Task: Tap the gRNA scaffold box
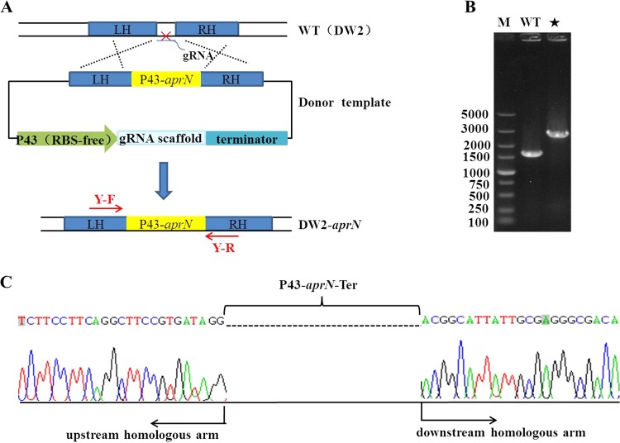click(162, 140)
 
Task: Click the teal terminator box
click(246, 140)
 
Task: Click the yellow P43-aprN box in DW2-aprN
click(165, 223)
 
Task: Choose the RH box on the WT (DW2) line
click(206, 27)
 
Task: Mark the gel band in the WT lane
click(532, 153)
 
